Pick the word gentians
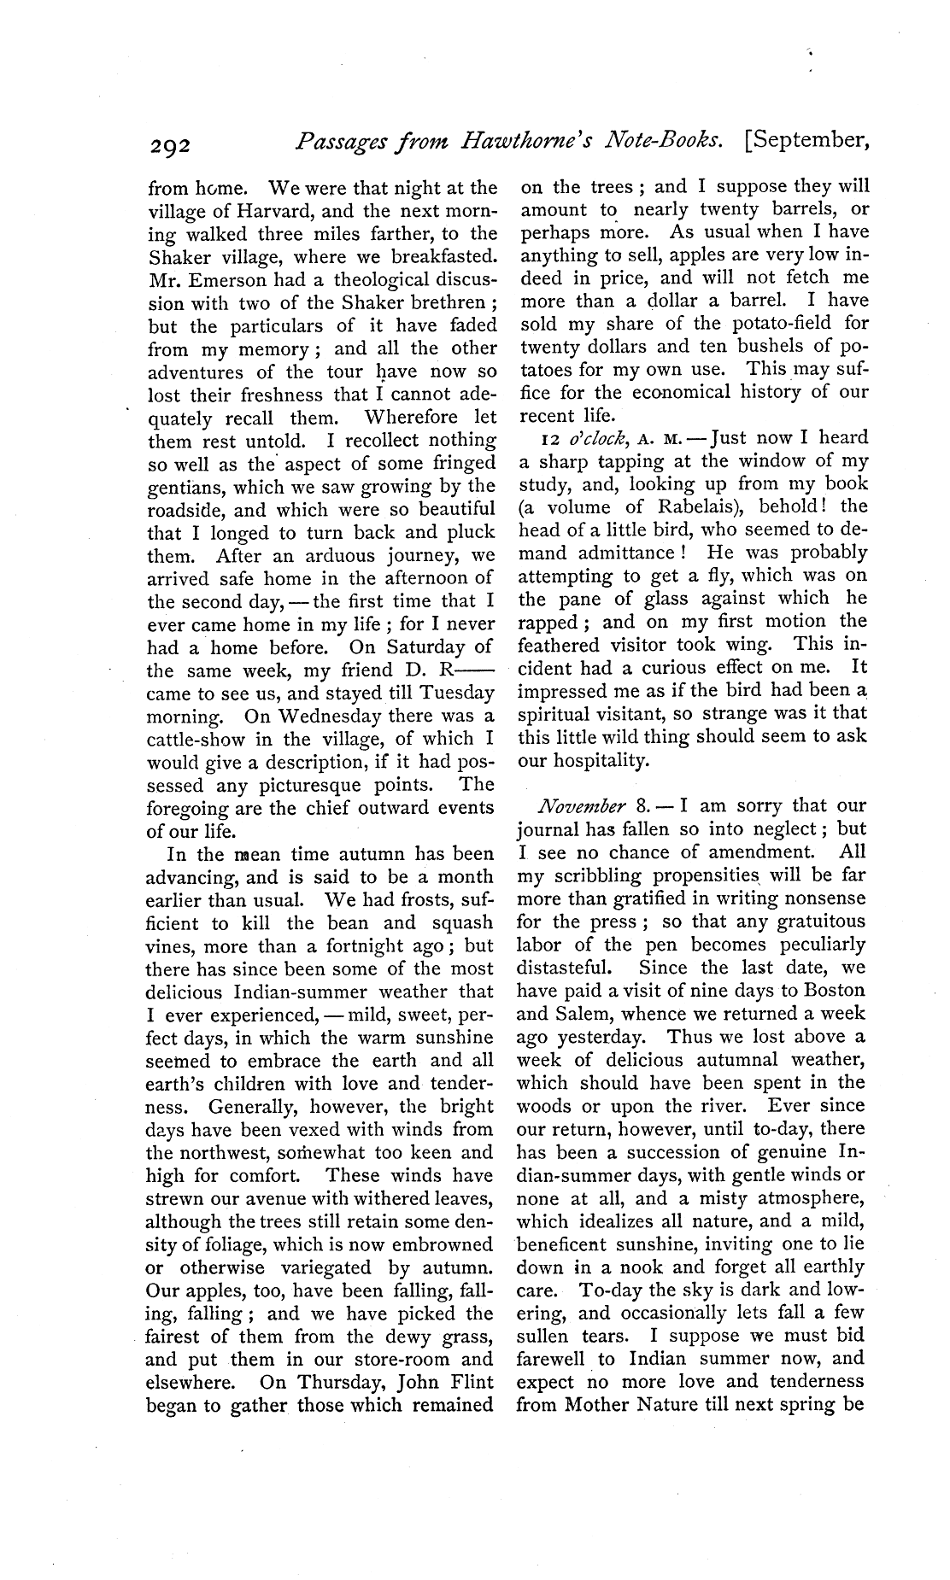(187, 487)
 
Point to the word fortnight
(389, 945)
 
